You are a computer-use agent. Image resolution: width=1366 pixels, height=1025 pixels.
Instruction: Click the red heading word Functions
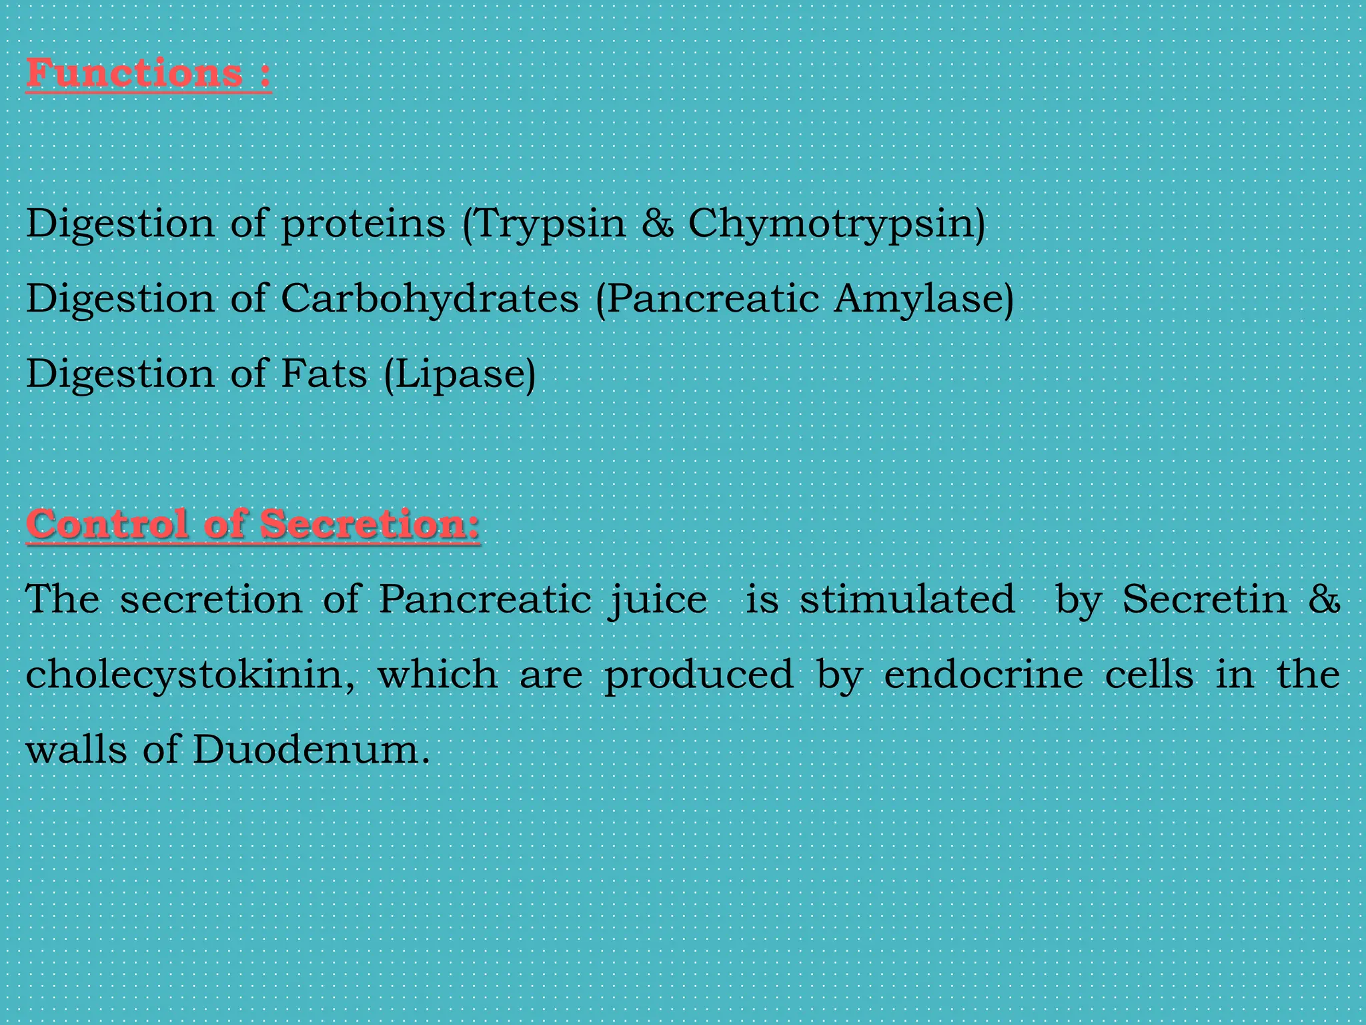point(134,73)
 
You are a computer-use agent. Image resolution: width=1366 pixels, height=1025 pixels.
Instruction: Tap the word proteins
point(362,224)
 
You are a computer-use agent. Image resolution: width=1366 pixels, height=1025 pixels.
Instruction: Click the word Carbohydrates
point(430,298)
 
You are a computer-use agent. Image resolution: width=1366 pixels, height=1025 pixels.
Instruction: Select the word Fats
point(323,373)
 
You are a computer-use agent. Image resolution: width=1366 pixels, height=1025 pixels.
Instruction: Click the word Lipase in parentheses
point(460,374)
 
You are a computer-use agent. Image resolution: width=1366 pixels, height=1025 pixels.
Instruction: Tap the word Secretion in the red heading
point(369,524)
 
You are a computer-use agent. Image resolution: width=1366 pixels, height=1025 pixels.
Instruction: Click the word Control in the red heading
point(107,524)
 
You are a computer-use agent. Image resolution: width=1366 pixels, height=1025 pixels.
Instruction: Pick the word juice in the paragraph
point(657,599)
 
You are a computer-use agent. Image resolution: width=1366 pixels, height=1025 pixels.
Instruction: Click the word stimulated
point(907,599)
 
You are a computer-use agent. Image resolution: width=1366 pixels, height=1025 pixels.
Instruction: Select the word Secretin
point(1205,599)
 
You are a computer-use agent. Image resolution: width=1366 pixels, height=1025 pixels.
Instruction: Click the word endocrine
point(983,674)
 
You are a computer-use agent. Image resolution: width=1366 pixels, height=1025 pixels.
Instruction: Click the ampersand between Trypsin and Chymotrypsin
point(658,223)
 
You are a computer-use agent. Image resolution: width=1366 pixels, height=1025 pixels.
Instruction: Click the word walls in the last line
point(76,749)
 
